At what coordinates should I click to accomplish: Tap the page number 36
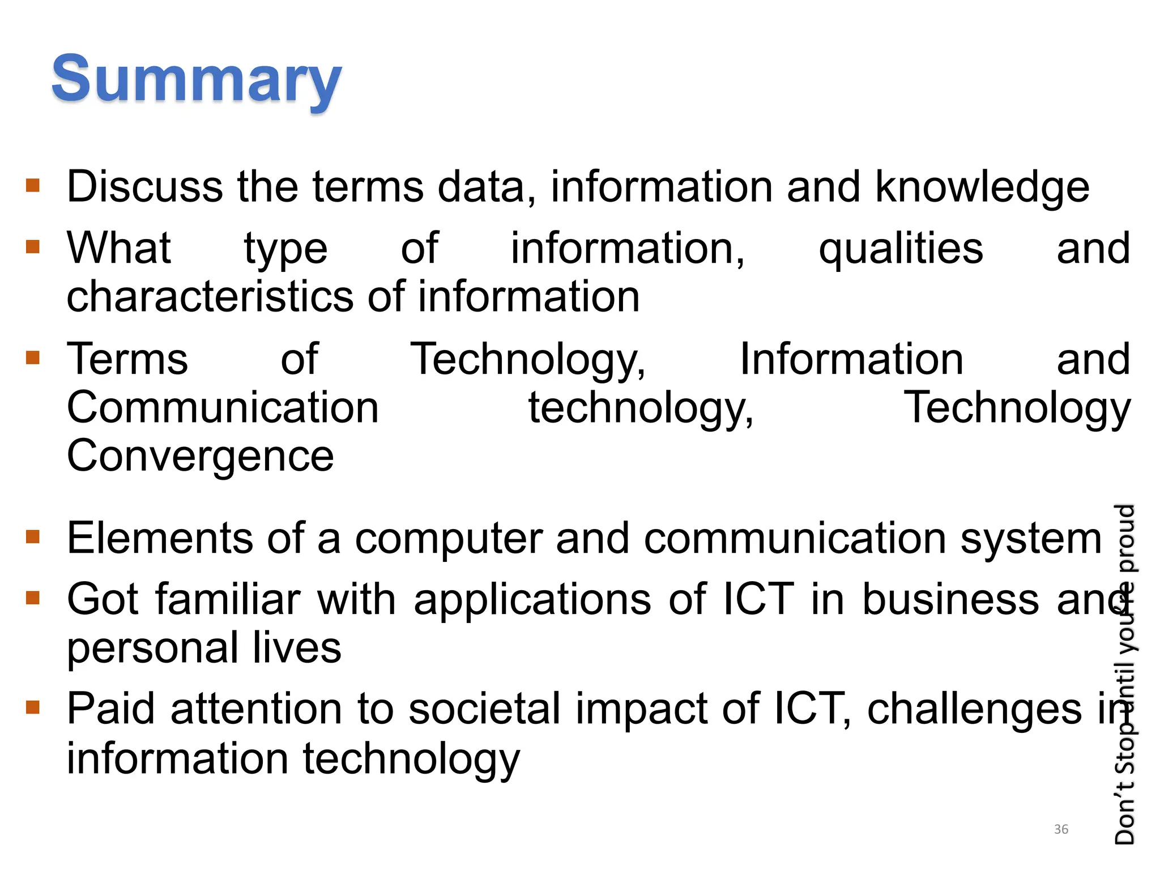[x=1061, y=829]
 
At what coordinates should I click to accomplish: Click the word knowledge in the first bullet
[x=982, y=187]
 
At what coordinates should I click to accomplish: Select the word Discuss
[x=144, y=187]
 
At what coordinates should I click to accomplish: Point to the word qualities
[x=901, y=249]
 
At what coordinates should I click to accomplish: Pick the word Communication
[x=223, y=408]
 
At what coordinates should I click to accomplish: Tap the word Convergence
[x=200, y=457]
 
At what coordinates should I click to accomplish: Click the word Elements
[x=160, y=538]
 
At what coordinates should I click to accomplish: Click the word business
[x=950, y=599]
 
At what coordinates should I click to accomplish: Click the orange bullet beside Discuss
[x=33, y=185]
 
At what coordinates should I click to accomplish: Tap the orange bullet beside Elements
[x=33, y=536]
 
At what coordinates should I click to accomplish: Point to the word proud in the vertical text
[x=1125, y=538]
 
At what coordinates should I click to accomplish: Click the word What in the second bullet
[x=118, y=248]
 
